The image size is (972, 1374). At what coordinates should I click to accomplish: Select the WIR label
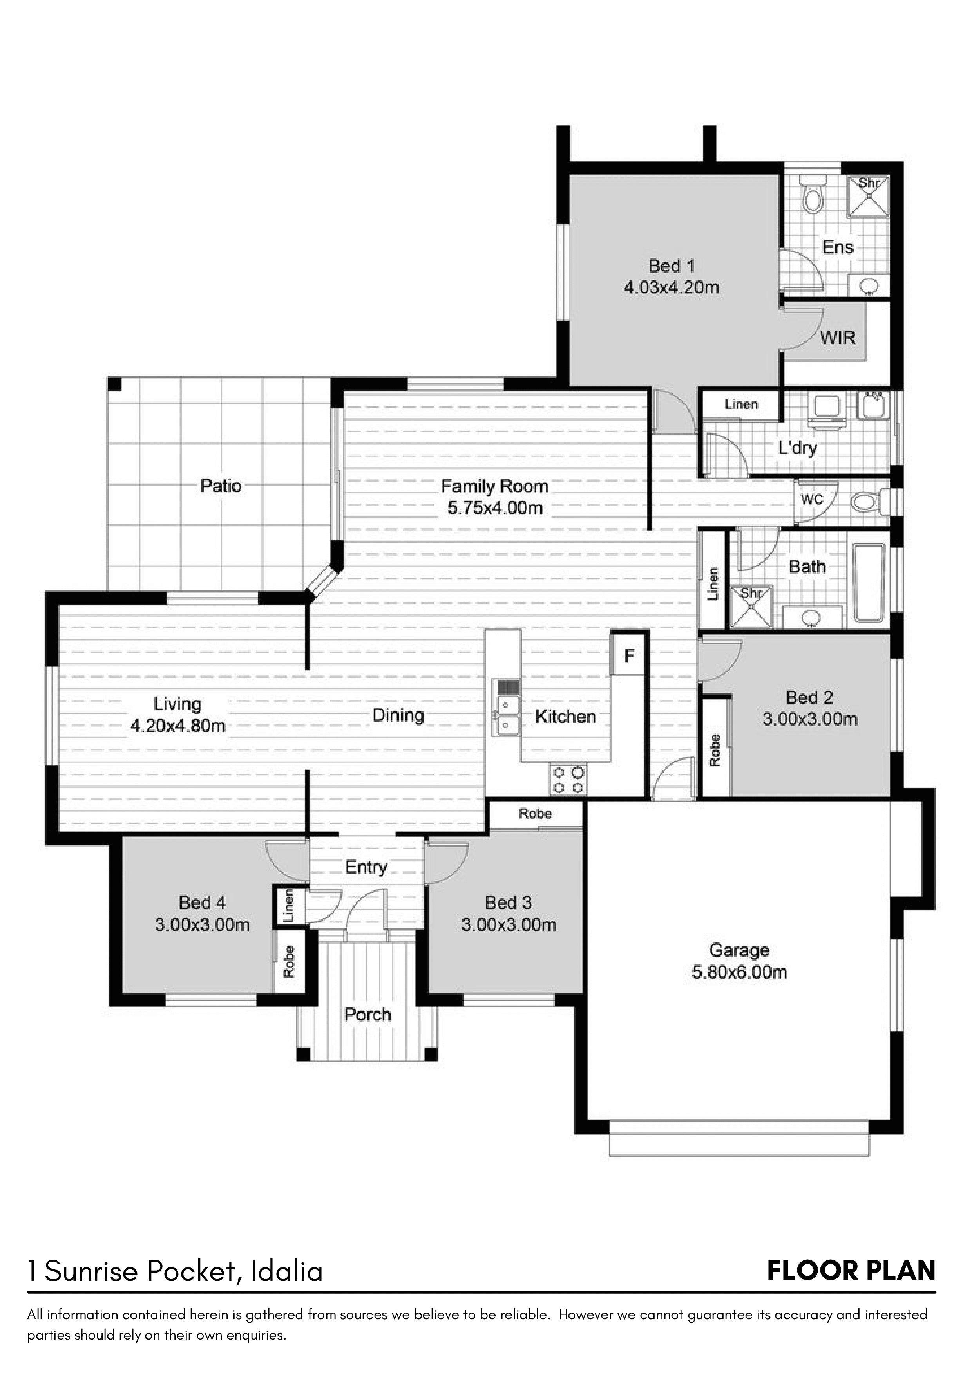838,338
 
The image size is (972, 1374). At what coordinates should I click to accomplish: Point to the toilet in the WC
869,502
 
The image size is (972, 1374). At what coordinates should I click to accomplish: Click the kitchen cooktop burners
568,779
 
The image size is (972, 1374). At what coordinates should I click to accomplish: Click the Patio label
221,485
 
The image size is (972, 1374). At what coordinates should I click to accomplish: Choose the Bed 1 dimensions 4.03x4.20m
672,287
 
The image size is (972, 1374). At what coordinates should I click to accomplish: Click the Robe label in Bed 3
536,814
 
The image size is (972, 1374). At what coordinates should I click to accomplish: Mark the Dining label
398,715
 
